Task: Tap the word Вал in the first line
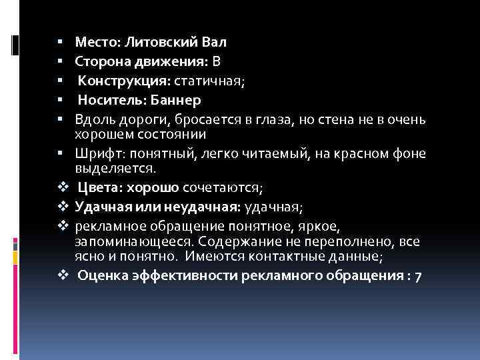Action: pyautogui.click(x=214, y=43)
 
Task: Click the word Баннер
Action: pyautogui.click(x=177, y=101)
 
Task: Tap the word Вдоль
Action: pyautogui.click(x=92, y=120)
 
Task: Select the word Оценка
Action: pyautogui.click(x=102, y=277)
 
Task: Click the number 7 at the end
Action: pyautogui.click(x=417, y=277)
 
